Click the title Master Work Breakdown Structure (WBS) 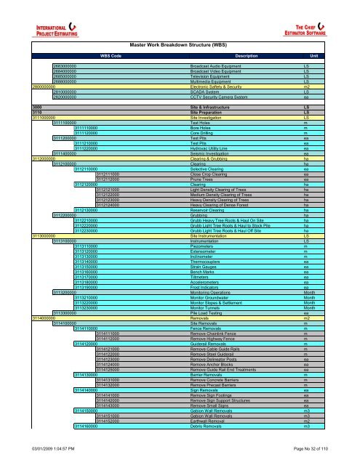(180, 24)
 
